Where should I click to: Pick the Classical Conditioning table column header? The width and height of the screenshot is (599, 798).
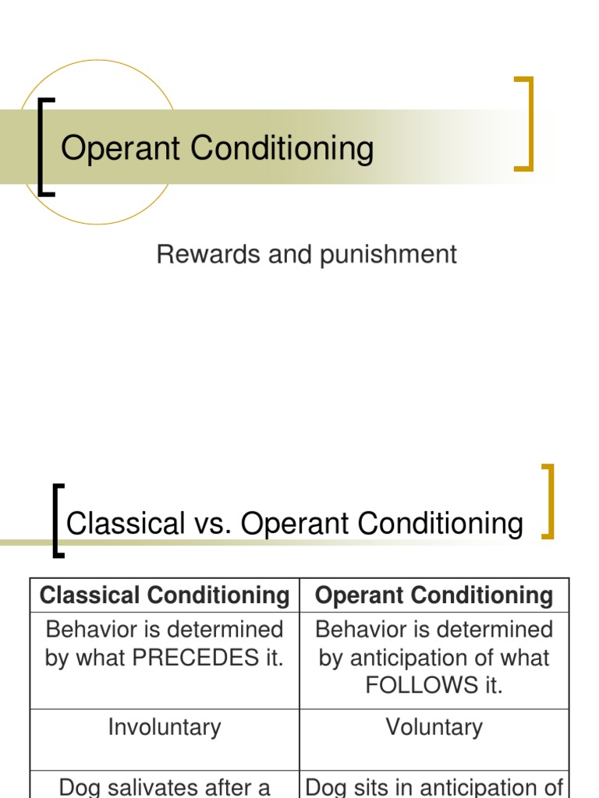coord(165,595)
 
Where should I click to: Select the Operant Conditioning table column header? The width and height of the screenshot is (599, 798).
coord(434,595)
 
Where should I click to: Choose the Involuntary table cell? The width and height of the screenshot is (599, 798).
coord(165,728)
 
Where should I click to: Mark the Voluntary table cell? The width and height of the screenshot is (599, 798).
coord(434,728)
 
